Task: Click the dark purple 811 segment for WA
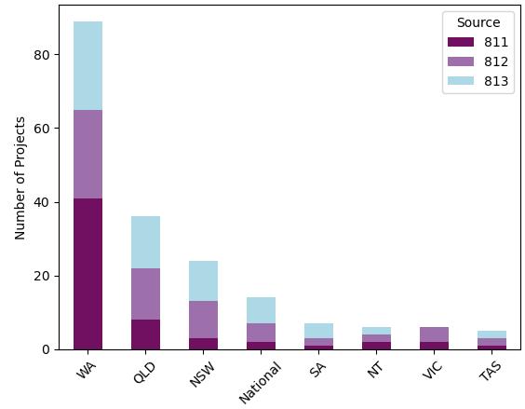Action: pos(88,274)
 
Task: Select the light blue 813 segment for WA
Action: pos(88,66)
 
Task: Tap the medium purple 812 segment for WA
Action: pos(88,155)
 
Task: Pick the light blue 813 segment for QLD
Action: pos(145,242)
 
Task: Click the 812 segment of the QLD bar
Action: pos(145,294)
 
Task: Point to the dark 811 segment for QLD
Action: pos(145,334)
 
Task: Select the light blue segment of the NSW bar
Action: pos(203,281)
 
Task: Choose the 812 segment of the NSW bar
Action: pos(203,320)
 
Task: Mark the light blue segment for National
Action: pos(262,310)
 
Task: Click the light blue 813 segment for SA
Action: pos(318,331)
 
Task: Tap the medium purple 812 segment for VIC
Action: pos(435,334)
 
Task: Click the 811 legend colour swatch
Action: pos(461,42)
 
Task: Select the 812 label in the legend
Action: pos(496,61)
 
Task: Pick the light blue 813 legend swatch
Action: pos(461,81)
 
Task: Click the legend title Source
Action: pos(478,22)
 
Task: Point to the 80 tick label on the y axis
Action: pos(42,55)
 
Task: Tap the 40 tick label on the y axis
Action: pos(42,202)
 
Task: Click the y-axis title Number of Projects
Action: pos(20,178)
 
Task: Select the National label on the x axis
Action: pos(260,382)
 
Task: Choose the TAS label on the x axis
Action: pos(491,370)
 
